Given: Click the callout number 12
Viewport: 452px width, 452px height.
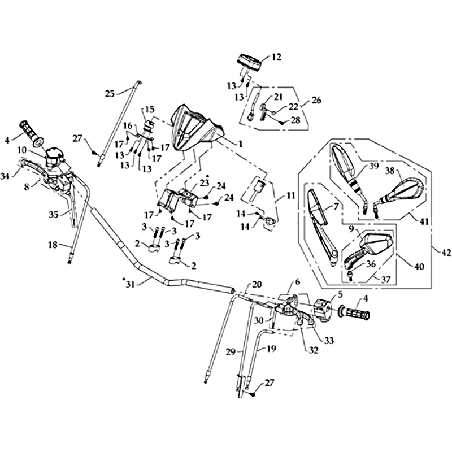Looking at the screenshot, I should click(x=276, y=57).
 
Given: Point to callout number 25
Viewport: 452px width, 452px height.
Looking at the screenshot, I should click(x=110, y=93).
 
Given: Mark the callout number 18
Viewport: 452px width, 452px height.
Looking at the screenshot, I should click(x=52, y=245).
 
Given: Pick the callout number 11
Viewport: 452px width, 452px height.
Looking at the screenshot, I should click(x=291, y=196).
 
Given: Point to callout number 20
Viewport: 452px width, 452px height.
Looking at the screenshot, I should click(x=257, y=284).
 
